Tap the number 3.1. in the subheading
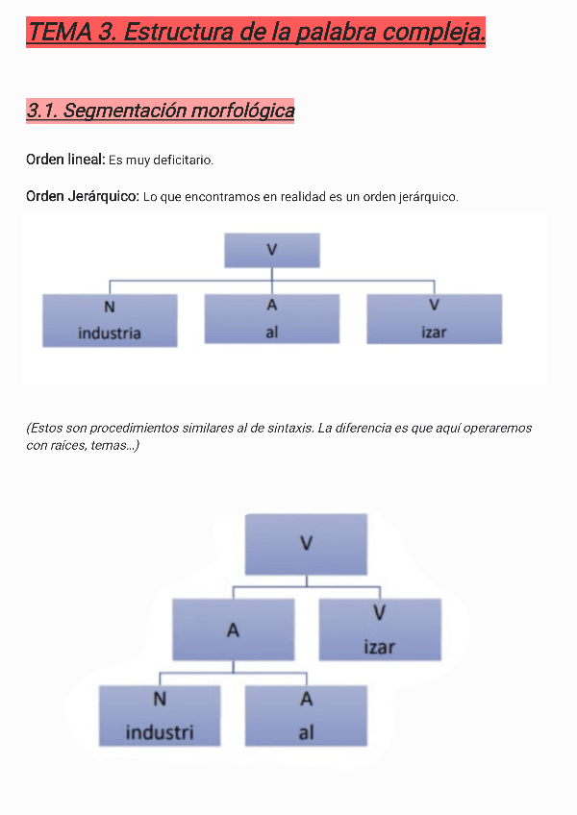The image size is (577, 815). (42, 111)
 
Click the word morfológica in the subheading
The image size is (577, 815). (242, 111)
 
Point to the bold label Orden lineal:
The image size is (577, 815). (64, 159)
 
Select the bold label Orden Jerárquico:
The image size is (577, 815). (82, 196)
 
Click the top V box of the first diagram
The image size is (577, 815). (272, 250)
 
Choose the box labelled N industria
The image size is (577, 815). (110, 319)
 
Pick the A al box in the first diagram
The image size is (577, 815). (272, 319)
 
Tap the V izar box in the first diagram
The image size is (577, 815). (434, 319)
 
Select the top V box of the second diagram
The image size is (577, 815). (306, 544)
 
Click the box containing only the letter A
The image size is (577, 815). (233, 630)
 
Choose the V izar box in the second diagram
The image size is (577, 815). (380, 630)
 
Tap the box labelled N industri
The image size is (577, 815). (160, 715)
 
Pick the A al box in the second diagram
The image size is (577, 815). (306, 715)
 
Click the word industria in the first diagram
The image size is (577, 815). (110, 333)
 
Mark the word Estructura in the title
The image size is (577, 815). (177, 32)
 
